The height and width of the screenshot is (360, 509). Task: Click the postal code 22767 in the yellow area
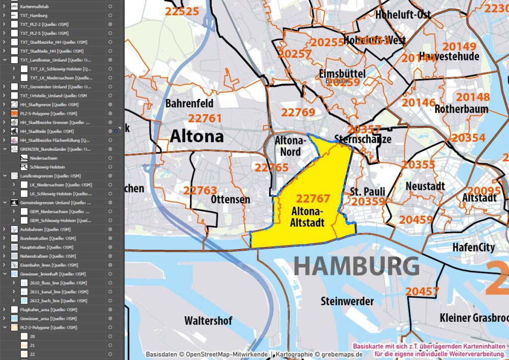(313, 199)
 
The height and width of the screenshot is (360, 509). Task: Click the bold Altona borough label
(197, 137)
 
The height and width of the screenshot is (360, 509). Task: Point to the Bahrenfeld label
(189, 103)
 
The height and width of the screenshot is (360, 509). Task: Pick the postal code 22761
(205, 118)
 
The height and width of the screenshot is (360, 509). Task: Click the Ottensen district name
(231, 199)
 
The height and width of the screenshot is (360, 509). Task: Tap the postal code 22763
(200, 190)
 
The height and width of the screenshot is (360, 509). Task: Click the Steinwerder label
(347, 301)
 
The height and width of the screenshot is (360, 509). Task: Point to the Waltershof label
(208, 321)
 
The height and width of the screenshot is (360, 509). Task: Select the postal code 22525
(182, 11)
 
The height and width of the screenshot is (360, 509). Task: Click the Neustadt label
(425, 186)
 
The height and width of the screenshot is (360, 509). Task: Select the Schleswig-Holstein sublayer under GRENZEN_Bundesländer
(47, 167)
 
